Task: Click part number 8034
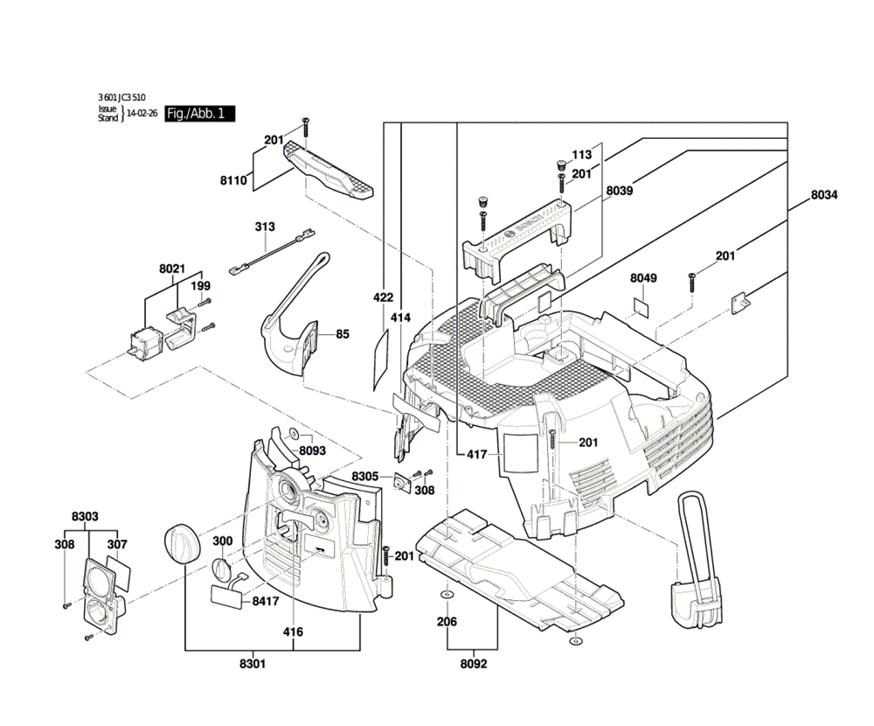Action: [x=823, y=195]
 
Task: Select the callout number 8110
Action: [x=233, y=181]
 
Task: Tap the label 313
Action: [x=265, y=227]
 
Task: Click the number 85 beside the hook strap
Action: [x=342, y=333]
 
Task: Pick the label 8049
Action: [x=643, y=278]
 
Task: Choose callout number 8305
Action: [x=365, y=476]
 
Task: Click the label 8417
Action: [x=266, y=602]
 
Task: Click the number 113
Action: [x=581, y=155]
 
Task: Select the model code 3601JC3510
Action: [x=122, y=98]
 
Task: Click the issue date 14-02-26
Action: [x=142, y=114]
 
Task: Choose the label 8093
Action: [x=312, y=450]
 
